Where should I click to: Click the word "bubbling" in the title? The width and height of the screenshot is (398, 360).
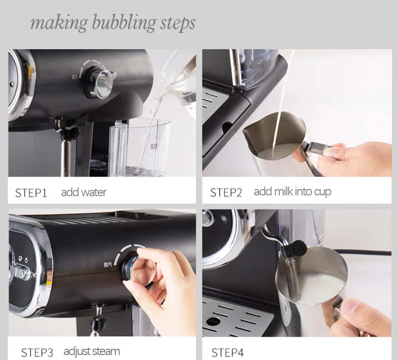[x=124, y=23]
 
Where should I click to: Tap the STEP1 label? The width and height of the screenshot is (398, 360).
[x=31, y=193]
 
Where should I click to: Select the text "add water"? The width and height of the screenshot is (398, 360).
[x=84, y=192]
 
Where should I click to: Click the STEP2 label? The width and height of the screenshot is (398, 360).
[x=226, y=193]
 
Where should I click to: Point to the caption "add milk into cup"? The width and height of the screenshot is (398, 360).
[x=292, y=192]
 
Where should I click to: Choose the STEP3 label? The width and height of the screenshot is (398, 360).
[x=37, y=353]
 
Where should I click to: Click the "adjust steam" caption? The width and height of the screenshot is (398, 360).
[x=92, y=352]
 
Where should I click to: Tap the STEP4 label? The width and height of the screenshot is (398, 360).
[x=228, y=353]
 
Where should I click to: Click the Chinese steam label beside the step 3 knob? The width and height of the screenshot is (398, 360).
[x=107, y=265]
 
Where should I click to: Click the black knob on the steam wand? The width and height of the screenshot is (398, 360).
[x=298, y=248]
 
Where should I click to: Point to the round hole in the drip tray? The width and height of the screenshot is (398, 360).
[x=213, y=321]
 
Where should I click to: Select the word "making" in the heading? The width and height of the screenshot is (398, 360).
[x=59, y=23]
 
